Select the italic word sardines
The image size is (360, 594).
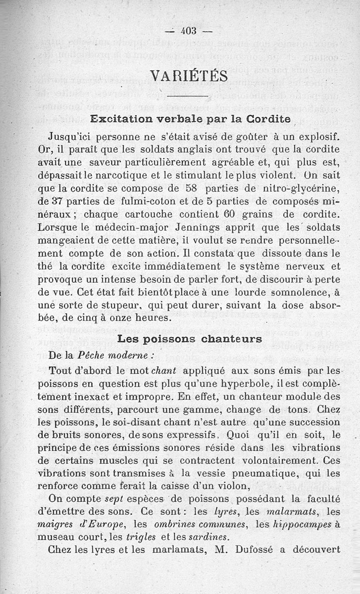point(209,536)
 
